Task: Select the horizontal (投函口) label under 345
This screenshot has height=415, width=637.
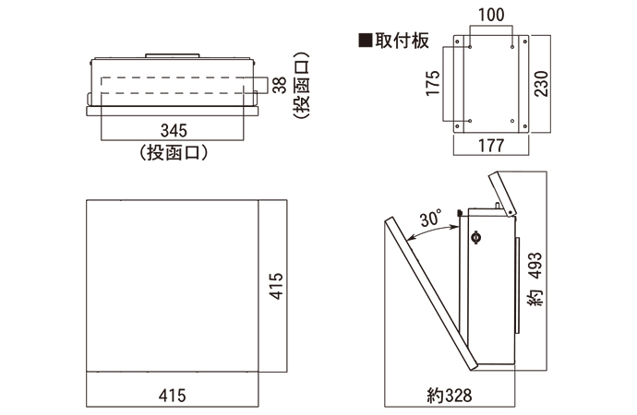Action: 172,152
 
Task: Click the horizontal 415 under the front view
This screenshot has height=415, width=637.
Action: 172,396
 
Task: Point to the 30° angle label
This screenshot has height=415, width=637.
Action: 430,219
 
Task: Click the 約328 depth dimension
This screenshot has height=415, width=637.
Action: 450,396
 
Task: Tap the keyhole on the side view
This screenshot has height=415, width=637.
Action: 476,237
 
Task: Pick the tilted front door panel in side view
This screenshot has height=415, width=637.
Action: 429,290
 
